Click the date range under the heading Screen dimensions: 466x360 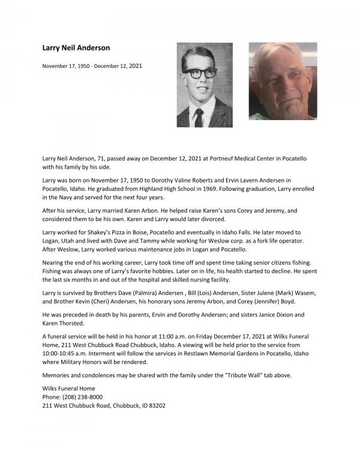click(92, 65)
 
